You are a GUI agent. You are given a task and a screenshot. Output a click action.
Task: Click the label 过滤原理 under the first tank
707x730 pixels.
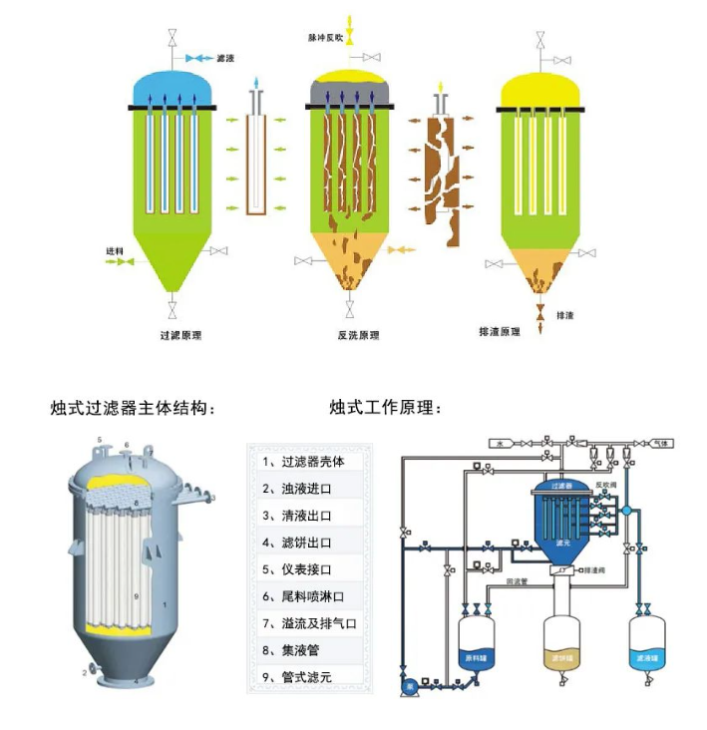click(x=180, y=335)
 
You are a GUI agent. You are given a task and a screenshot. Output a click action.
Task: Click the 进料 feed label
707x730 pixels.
click(x=115, y=250)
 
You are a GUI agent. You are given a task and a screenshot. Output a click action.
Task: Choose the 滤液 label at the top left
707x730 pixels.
click(x=225, y=59)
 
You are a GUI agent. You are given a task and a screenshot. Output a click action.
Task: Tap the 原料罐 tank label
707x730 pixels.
click(x=475, y=659)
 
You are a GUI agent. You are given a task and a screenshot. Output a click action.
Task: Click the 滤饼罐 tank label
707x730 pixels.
click(x=561, y=659)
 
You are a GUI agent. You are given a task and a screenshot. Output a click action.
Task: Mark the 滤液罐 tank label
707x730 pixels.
click(x=646, y=659)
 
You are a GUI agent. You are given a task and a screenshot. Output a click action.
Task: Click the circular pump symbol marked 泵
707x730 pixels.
click(x=407, y=686)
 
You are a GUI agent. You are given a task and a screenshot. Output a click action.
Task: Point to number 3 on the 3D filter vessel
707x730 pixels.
click(x=213, y=496)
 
